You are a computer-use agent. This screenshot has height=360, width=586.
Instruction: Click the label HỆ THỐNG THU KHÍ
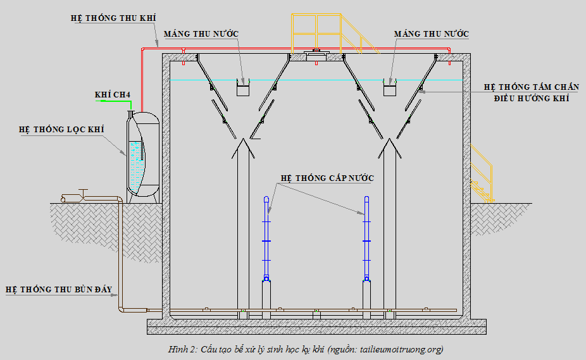click(113, 18)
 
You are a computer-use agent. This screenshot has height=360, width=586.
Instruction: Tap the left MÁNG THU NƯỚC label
click(201, 34)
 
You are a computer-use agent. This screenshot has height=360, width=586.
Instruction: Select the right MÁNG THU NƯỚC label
click(432, 34)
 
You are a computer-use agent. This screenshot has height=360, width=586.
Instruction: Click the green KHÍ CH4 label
click(113, 94)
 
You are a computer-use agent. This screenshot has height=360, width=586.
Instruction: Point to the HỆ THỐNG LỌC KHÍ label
click(61, 129)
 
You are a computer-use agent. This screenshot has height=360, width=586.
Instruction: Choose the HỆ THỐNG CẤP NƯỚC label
click(327, 178)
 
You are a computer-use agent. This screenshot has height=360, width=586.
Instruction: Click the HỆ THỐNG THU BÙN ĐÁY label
click(59, 289)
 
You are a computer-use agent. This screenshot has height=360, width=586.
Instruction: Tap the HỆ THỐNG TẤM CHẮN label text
click(532, 87)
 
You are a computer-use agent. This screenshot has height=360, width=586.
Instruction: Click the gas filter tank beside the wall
click(143, 157)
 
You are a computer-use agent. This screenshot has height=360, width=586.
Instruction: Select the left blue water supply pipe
click(266, 239)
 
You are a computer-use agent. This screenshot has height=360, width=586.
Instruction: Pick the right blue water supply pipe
click(366, 239)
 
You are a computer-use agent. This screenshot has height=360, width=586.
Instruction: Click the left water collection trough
click(243, 87)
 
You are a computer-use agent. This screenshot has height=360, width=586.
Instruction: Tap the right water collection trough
click(390, 87)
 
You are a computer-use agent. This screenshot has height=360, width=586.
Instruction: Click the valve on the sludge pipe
click(83, 195)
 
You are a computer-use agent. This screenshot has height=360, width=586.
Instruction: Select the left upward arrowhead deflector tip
click(243, 139)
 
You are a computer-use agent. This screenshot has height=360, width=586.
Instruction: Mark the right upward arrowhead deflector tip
click(390, 139)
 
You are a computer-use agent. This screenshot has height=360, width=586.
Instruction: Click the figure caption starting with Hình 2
click(306, 349)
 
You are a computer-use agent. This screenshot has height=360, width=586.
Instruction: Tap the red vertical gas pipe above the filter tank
click(142, 80)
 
